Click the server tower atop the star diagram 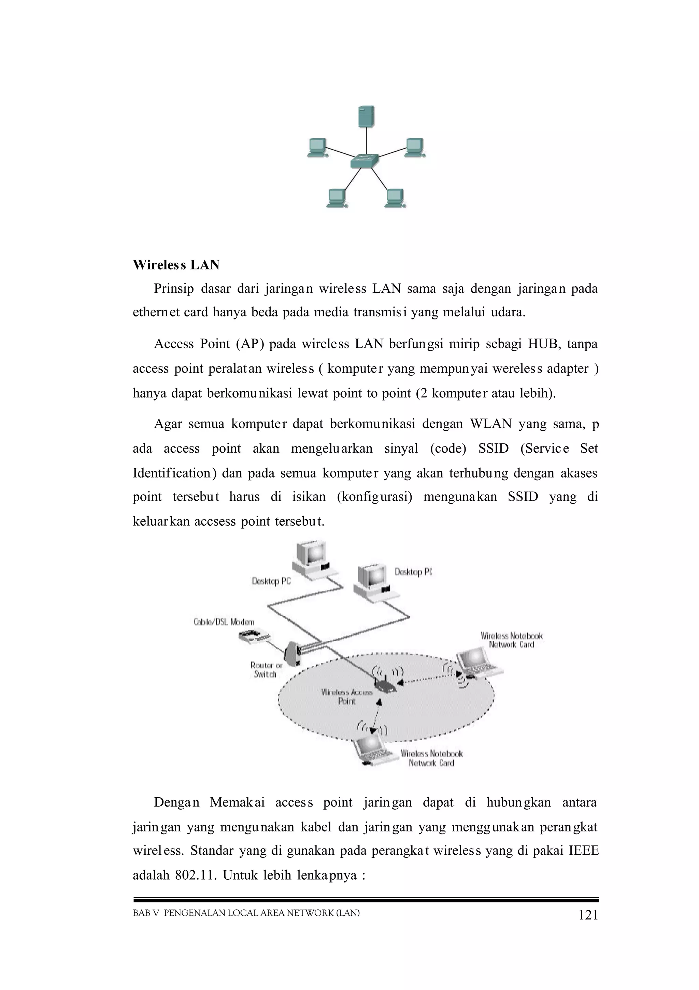tap(366, 117)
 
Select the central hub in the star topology tap(365, 161)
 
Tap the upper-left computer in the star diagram tap(317, 148)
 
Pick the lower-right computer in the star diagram tap(395, 198)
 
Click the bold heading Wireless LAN tap(176, 265)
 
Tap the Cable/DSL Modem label tap(224, 622)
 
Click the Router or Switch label tap(266, 670)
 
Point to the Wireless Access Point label tap(346, 696)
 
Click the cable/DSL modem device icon tap(254, 636)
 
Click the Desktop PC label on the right tap(413, 572)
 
